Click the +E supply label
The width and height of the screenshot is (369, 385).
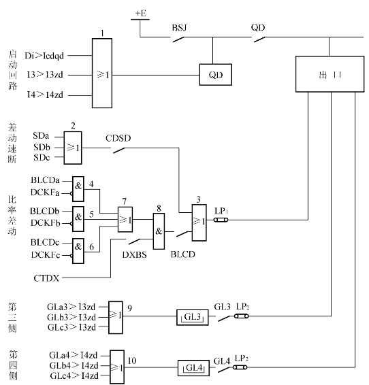point(141,13)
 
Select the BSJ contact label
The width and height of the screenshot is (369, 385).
point(179,27)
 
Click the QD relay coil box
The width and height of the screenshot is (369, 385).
point(215,75)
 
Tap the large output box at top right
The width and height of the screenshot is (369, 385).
point(330,74)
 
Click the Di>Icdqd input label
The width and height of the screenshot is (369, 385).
point(44,56)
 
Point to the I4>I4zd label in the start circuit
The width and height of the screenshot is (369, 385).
point(45,95)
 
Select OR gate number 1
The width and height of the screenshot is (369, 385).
point(102,73)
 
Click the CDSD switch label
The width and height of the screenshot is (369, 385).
point(118,138)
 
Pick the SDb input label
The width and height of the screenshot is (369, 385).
point(42,147)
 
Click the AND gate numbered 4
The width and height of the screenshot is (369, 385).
point(78,189)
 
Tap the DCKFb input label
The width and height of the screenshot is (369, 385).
point(45,223)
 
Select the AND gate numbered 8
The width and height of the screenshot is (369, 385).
point(159,231)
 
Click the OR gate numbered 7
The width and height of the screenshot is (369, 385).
point(125,219)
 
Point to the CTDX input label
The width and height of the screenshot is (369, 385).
point(46,278)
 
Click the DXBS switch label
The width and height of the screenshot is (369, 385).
point(134,255)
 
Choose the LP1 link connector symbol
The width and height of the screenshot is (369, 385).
point(221,220)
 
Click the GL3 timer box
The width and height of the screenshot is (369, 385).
point(193,318)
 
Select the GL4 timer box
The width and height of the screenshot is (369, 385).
point(193,368)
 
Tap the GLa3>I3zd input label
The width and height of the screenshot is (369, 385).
point(71,307)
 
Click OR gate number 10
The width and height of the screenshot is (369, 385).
point(117,367)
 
